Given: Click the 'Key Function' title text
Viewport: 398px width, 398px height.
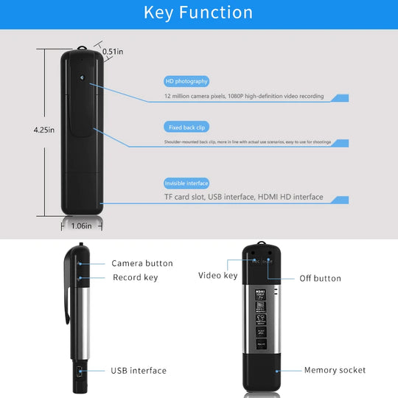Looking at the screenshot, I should pos(198,13).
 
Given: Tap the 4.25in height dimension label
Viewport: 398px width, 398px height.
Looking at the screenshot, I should pos(44,130).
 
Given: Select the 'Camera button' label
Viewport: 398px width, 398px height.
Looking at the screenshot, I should pos(142,263).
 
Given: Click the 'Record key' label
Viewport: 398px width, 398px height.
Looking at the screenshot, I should pos(135,278).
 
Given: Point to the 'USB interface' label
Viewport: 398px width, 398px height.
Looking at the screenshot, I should pos(139,371).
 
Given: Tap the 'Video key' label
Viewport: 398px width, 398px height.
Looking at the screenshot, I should pos(217,276).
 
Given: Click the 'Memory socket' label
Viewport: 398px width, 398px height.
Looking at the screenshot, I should pos(335,370).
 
